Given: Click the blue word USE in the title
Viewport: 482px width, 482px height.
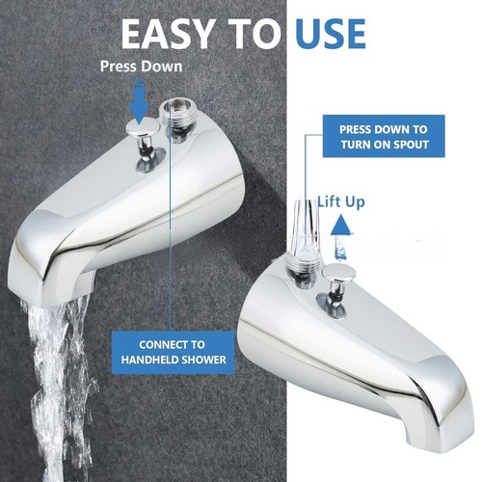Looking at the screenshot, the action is pyautogui.click(x=331, y=34).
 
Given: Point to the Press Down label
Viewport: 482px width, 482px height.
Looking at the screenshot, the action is pyautogui.click(x=142, y=67).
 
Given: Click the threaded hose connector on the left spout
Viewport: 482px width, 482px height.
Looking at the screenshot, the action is pyautogui.click(x=176, y=120).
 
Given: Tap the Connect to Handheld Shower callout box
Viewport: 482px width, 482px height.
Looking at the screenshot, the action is pyautogui.click(x=174, y=353).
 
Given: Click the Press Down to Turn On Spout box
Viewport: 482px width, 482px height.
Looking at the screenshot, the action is pyautogui.click(x=384, y=136).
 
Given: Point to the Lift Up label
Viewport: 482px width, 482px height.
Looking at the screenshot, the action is pyautogui.click(x=341, y=202).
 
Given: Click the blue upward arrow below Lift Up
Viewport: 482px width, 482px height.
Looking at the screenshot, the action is pyautogui.click(x=340, y=238).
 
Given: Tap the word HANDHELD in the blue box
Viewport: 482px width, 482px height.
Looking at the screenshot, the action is pyautogui.click(x=150, y=360).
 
